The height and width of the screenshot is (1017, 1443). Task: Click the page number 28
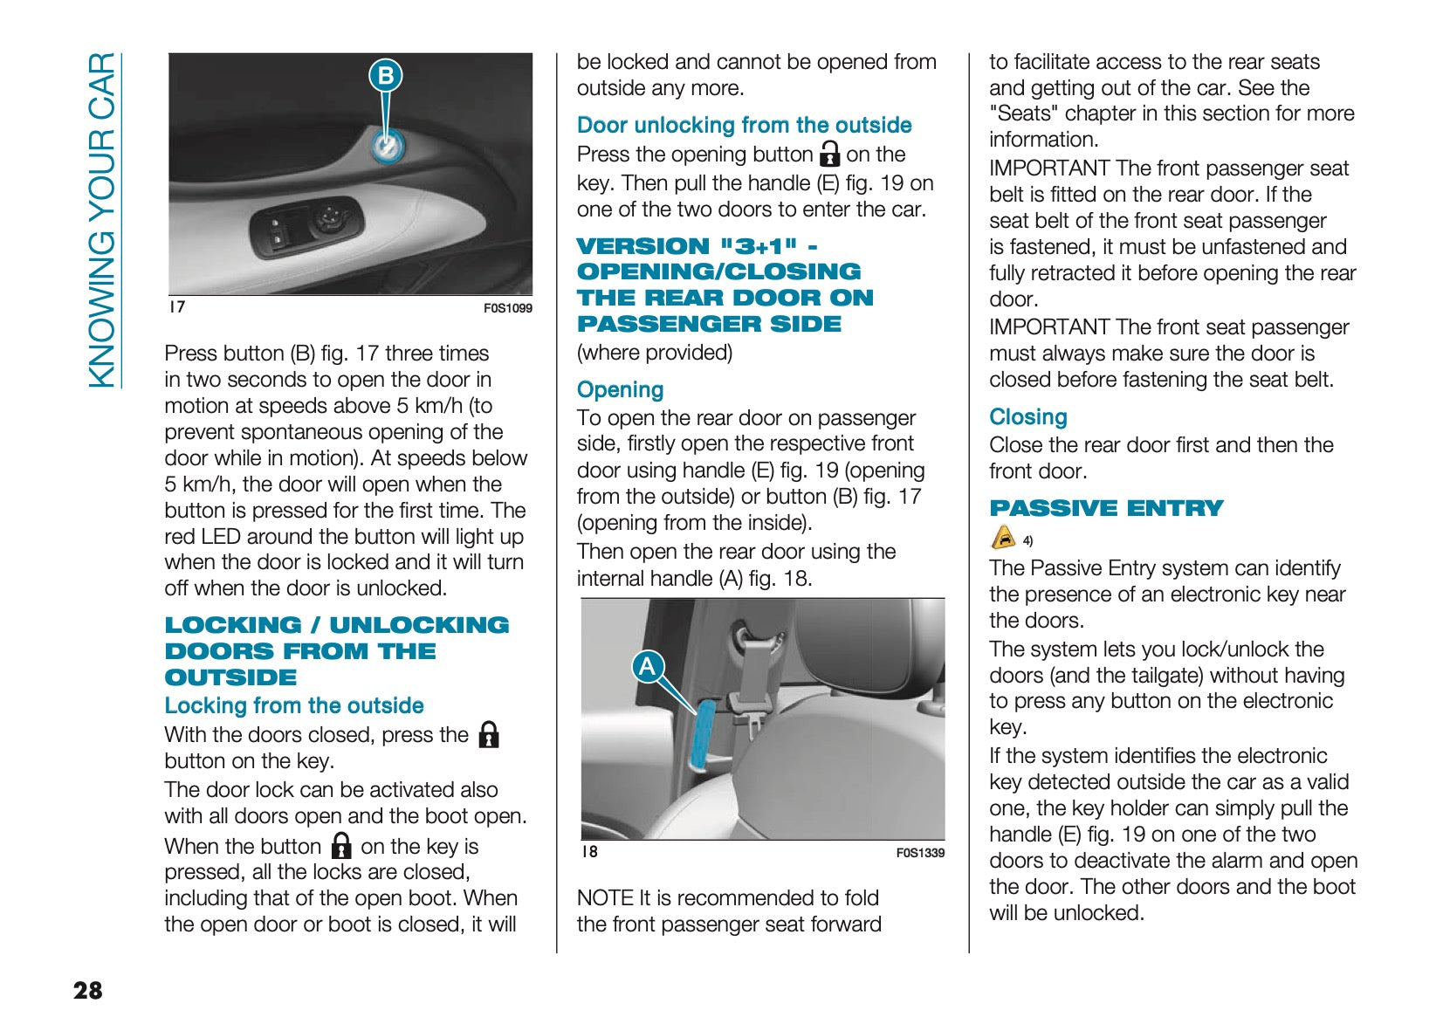coord(88,990)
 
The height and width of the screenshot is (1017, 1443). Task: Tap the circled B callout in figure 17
coord(385,76)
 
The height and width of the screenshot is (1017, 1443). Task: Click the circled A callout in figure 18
coord(647,667)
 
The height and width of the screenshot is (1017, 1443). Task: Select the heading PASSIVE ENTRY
coord(1106,508)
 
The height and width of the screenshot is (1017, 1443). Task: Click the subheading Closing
coord(1027,417)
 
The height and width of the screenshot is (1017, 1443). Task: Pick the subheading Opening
coord(620,389)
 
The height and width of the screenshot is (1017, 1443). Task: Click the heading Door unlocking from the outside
coord(744,125)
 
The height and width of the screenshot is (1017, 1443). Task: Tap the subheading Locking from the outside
coord(294,705)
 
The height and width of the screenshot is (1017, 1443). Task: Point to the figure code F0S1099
coord(507,308)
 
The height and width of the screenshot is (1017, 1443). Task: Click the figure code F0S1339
coord(920,853)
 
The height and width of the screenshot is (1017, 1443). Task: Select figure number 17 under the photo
coord(177,307)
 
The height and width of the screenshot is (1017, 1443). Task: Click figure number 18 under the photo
coord(590,852)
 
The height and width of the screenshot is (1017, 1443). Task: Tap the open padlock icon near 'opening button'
coord(830,155)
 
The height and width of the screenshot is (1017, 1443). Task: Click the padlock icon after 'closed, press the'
coord(490,735)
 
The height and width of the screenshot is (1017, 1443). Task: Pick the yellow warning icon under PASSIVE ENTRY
coord(1004,537)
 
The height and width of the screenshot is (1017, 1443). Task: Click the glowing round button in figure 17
coord(386,146)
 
